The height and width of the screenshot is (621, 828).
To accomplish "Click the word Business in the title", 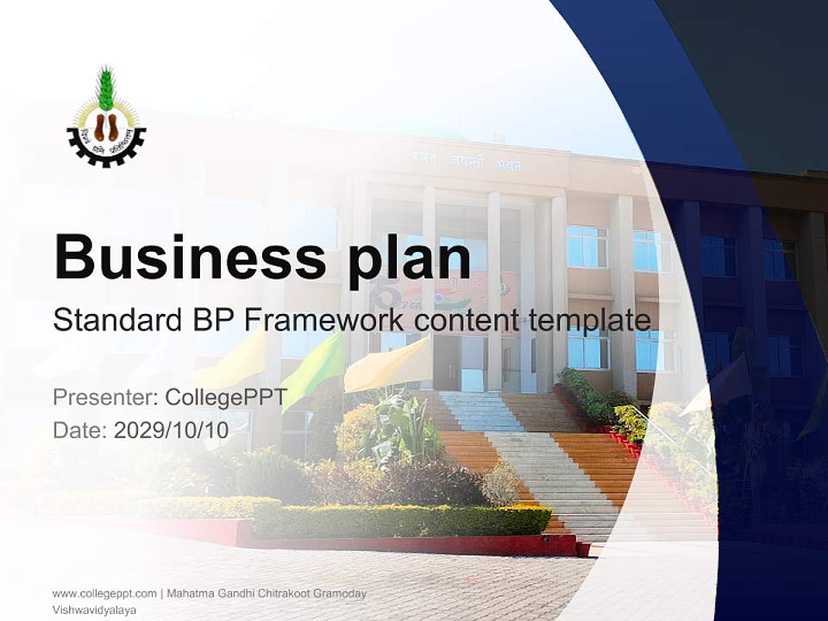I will point(181,256).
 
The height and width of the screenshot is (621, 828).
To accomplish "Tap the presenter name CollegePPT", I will point(226,398).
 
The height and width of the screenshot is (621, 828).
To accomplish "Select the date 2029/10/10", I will point(171,430).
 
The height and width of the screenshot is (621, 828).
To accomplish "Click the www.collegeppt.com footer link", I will point(104,593).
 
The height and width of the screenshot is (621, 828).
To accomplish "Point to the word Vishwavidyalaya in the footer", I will point(94,609).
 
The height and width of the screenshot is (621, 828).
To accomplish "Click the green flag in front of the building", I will point(313,367).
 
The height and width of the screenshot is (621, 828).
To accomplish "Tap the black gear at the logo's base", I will point(106,154).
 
